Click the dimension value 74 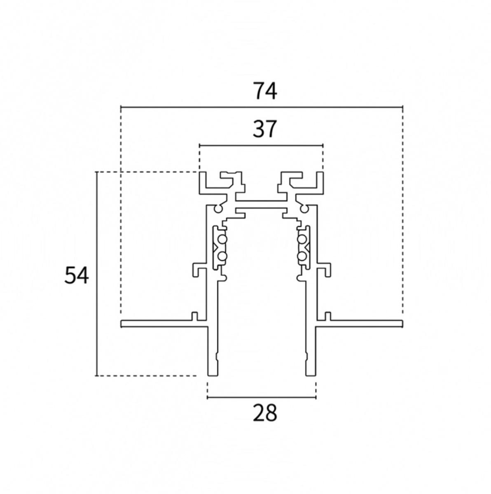(x=265, y=91)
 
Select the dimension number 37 (x=264, y=129)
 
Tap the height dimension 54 (x=77, y=275)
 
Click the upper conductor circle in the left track (x=222, y=240)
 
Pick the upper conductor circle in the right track (x=302, y=240)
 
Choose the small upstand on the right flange (x=328, y=316)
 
